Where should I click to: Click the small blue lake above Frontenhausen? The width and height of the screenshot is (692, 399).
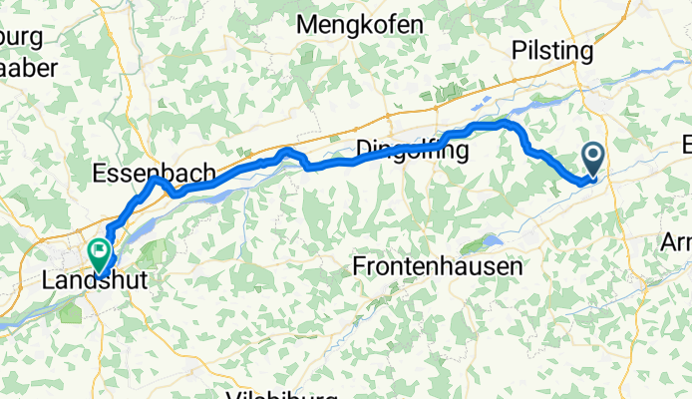coord(491,240)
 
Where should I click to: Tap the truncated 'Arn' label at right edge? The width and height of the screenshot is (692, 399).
coord(679,242)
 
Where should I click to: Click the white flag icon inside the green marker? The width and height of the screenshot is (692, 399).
coord(100,249)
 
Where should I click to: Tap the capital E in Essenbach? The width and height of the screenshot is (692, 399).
coord(99,174)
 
